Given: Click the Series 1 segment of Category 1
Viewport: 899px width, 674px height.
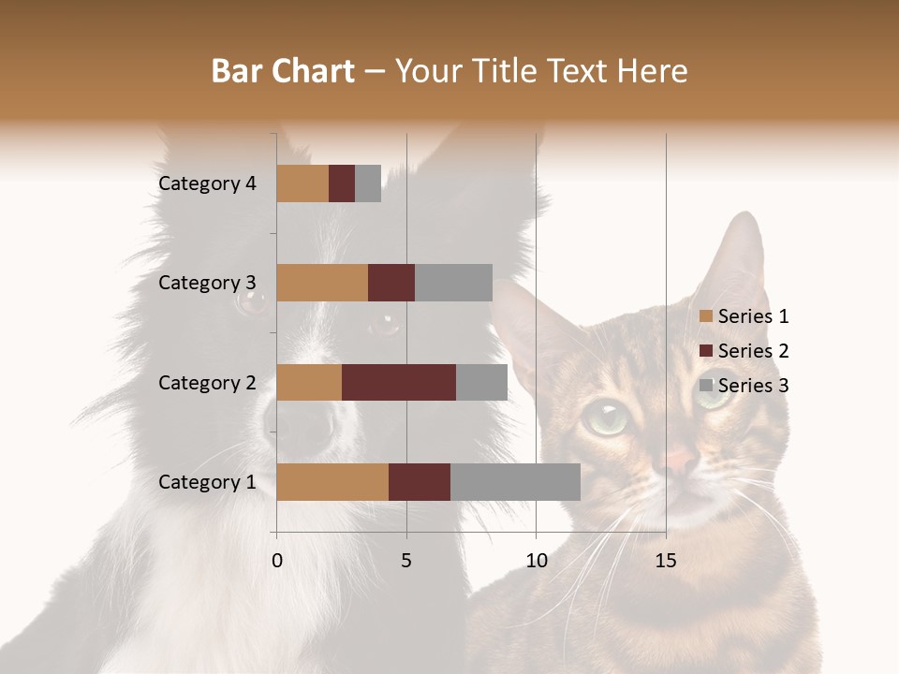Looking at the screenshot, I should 332,482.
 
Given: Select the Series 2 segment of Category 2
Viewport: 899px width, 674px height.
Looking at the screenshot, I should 399,382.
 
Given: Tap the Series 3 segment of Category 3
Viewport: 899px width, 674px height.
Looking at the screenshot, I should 453,283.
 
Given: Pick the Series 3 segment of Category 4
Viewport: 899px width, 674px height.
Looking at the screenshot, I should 368,183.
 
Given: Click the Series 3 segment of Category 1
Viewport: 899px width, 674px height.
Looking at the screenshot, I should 515,482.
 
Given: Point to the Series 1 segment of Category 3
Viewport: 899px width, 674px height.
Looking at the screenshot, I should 322,283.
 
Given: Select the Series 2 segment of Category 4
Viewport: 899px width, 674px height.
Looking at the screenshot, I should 342,183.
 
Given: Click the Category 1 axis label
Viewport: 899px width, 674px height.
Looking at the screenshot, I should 207,482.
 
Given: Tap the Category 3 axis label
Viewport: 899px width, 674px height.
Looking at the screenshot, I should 207,283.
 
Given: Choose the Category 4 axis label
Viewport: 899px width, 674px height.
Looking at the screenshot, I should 207,183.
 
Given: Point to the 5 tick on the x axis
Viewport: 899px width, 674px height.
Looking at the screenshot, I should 406,561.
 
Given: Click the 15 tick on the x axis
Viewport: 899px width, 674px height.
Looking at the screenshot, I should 666,561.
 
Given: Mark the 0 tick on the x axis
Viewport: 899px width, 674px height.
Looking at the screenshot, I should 277,561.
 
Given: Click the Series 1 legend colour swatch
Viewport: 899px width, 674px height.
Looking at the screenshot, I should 706,316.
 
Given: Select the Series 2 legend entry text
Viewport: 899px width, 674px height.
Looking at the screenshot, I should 753,351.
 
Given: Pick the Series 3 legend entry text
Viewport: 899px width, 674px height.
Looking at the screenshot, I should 753,386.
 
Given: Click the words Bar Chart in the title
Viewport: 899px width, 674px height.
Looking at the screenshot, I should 283,70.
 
